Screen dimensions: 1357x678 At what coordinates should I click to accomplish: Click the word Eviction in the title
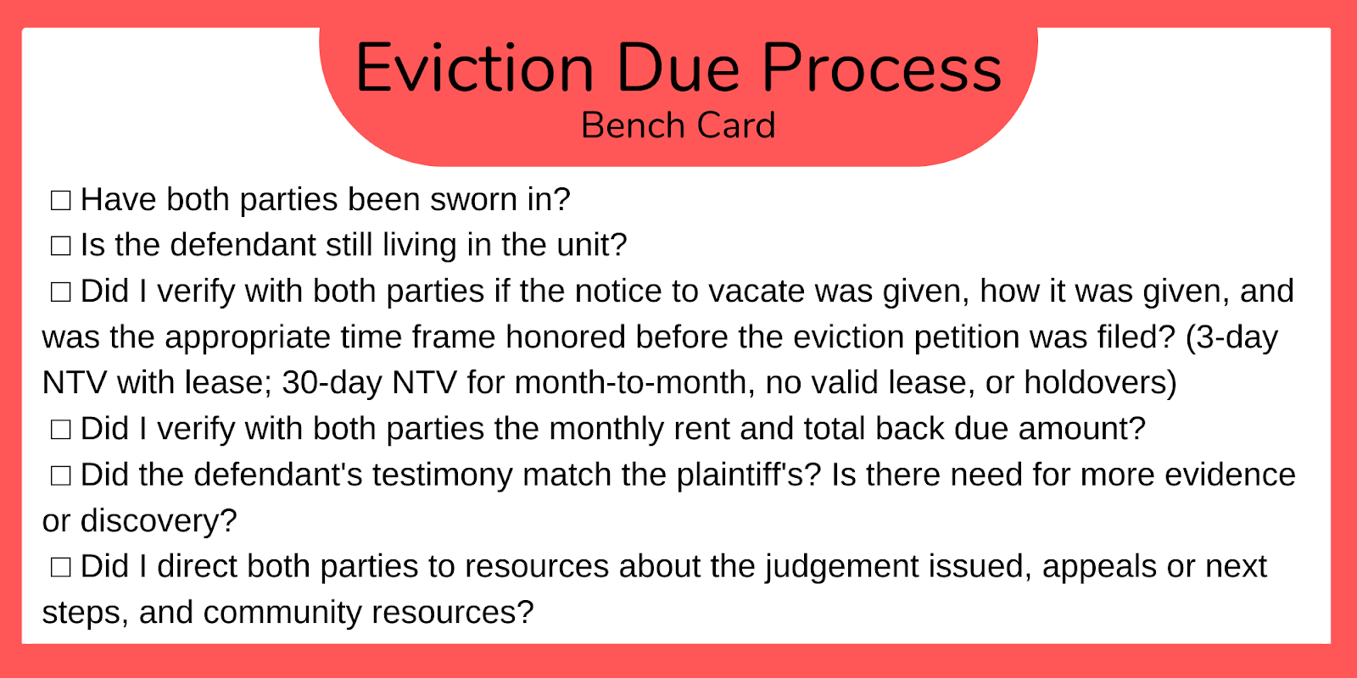(474, 68)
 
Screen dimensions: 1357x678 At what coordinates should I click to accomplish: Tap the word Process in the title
(881, 68)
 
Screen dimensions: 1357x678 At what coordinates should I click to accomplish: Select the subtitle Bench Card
(678, 125)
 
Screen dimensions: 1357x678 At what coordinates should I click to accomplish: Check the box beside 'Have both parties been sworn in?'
(60, 200)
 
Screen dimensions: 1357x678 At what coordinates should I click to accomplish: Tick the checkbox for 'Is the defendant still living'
(60, 246)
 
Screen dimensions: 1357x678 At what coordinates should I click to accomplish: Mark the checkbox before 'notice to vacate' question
(60, 292)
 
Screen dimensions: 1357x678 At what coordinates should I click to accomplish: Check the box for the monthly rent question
(60, 429)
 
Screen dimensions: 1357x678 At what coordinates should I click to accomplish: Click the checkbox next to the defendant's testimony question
(60, 475)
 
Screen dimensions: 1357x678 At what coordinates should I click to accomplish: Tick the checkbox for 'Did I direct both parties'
(60, 567)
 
